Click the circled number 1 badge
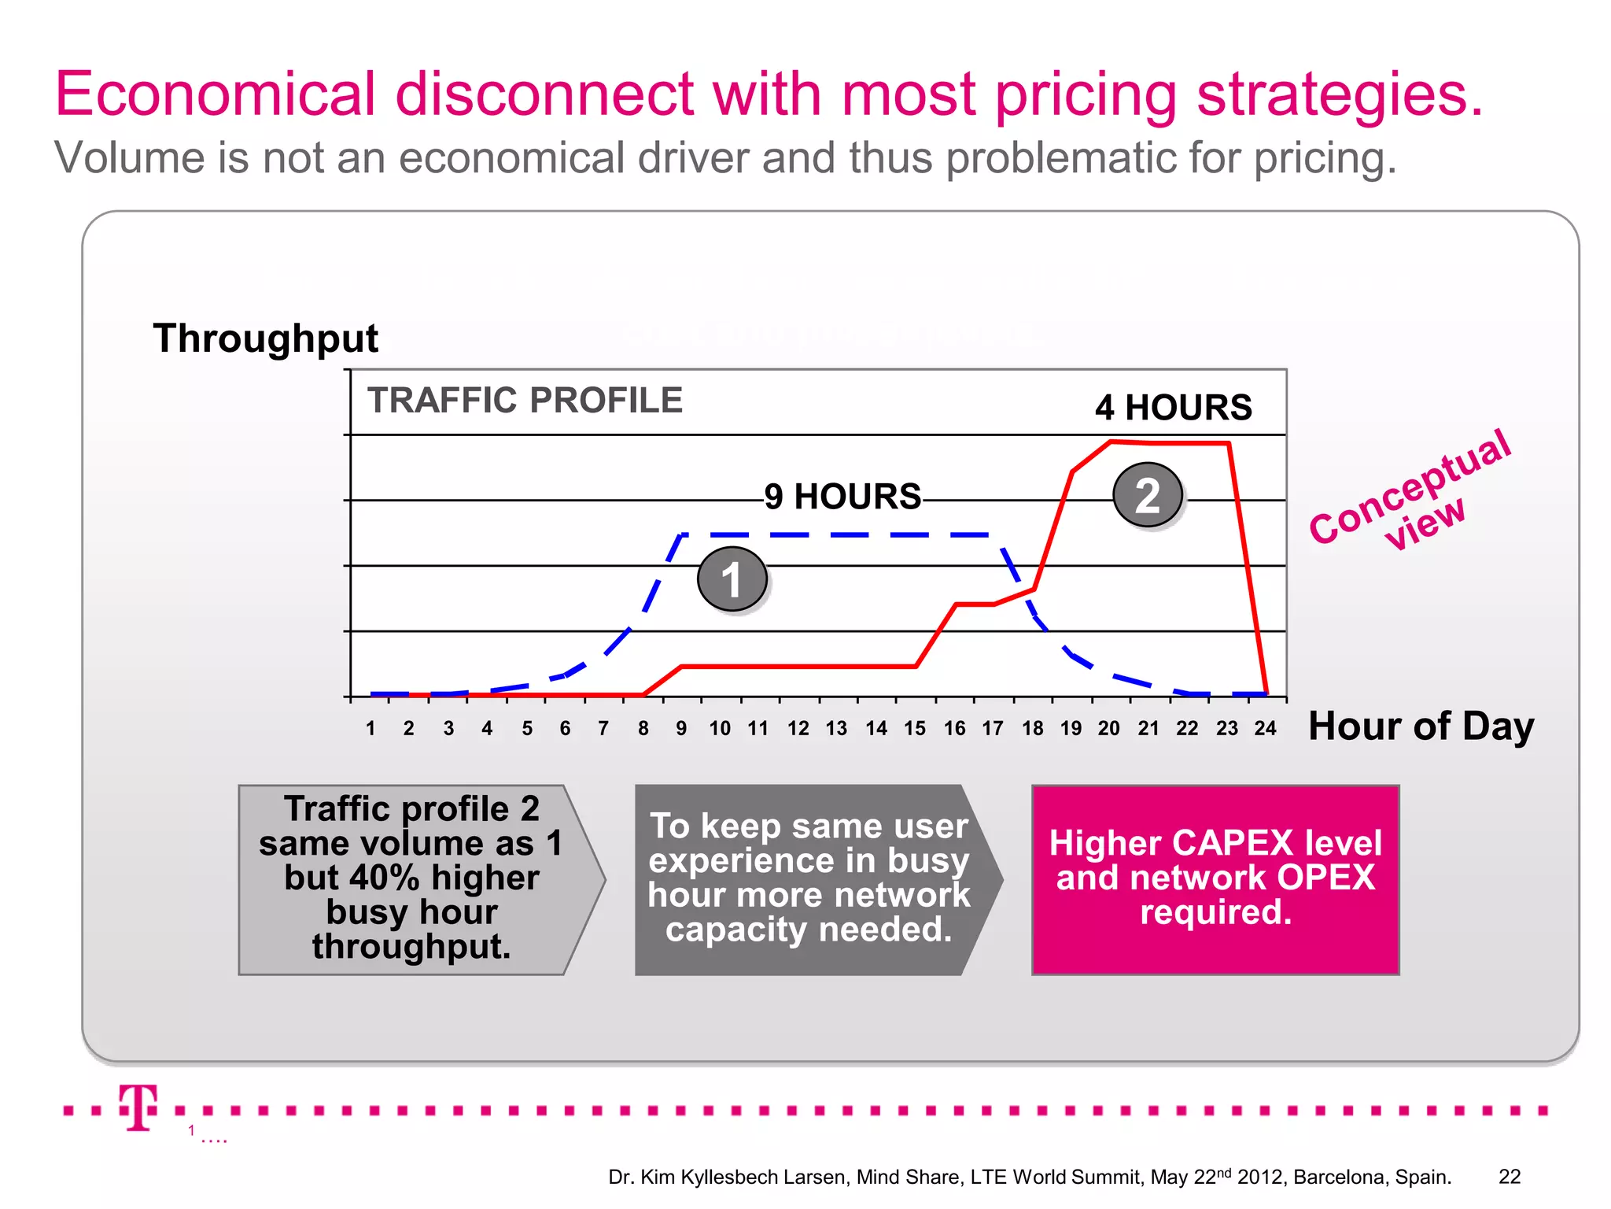click(732, 579)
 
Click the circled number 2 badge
click(1148, 495)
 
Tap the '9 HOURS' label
click(842, 497)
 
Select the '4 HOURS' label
click(1173, 408)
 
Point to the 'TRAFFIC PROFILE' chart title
click(525, 400)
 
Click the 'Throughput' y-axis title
click(266, 338)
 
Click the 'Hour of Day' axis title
click(1421, 725)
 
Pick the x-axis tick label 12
click(798, 729)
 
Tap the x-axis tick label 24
click(1265, 729)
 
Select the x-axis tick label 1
click(370, 729)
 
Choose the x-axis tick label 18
click(1032, 729)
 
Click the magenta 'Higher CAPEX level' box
click(1215, 879)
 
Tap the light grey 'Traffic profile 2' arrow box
click(411, 879)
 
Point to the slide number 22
click(1510, 1177)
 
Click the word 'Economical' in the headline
click(216, 94)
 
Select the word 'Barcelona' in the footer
click(1340, 1178)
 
